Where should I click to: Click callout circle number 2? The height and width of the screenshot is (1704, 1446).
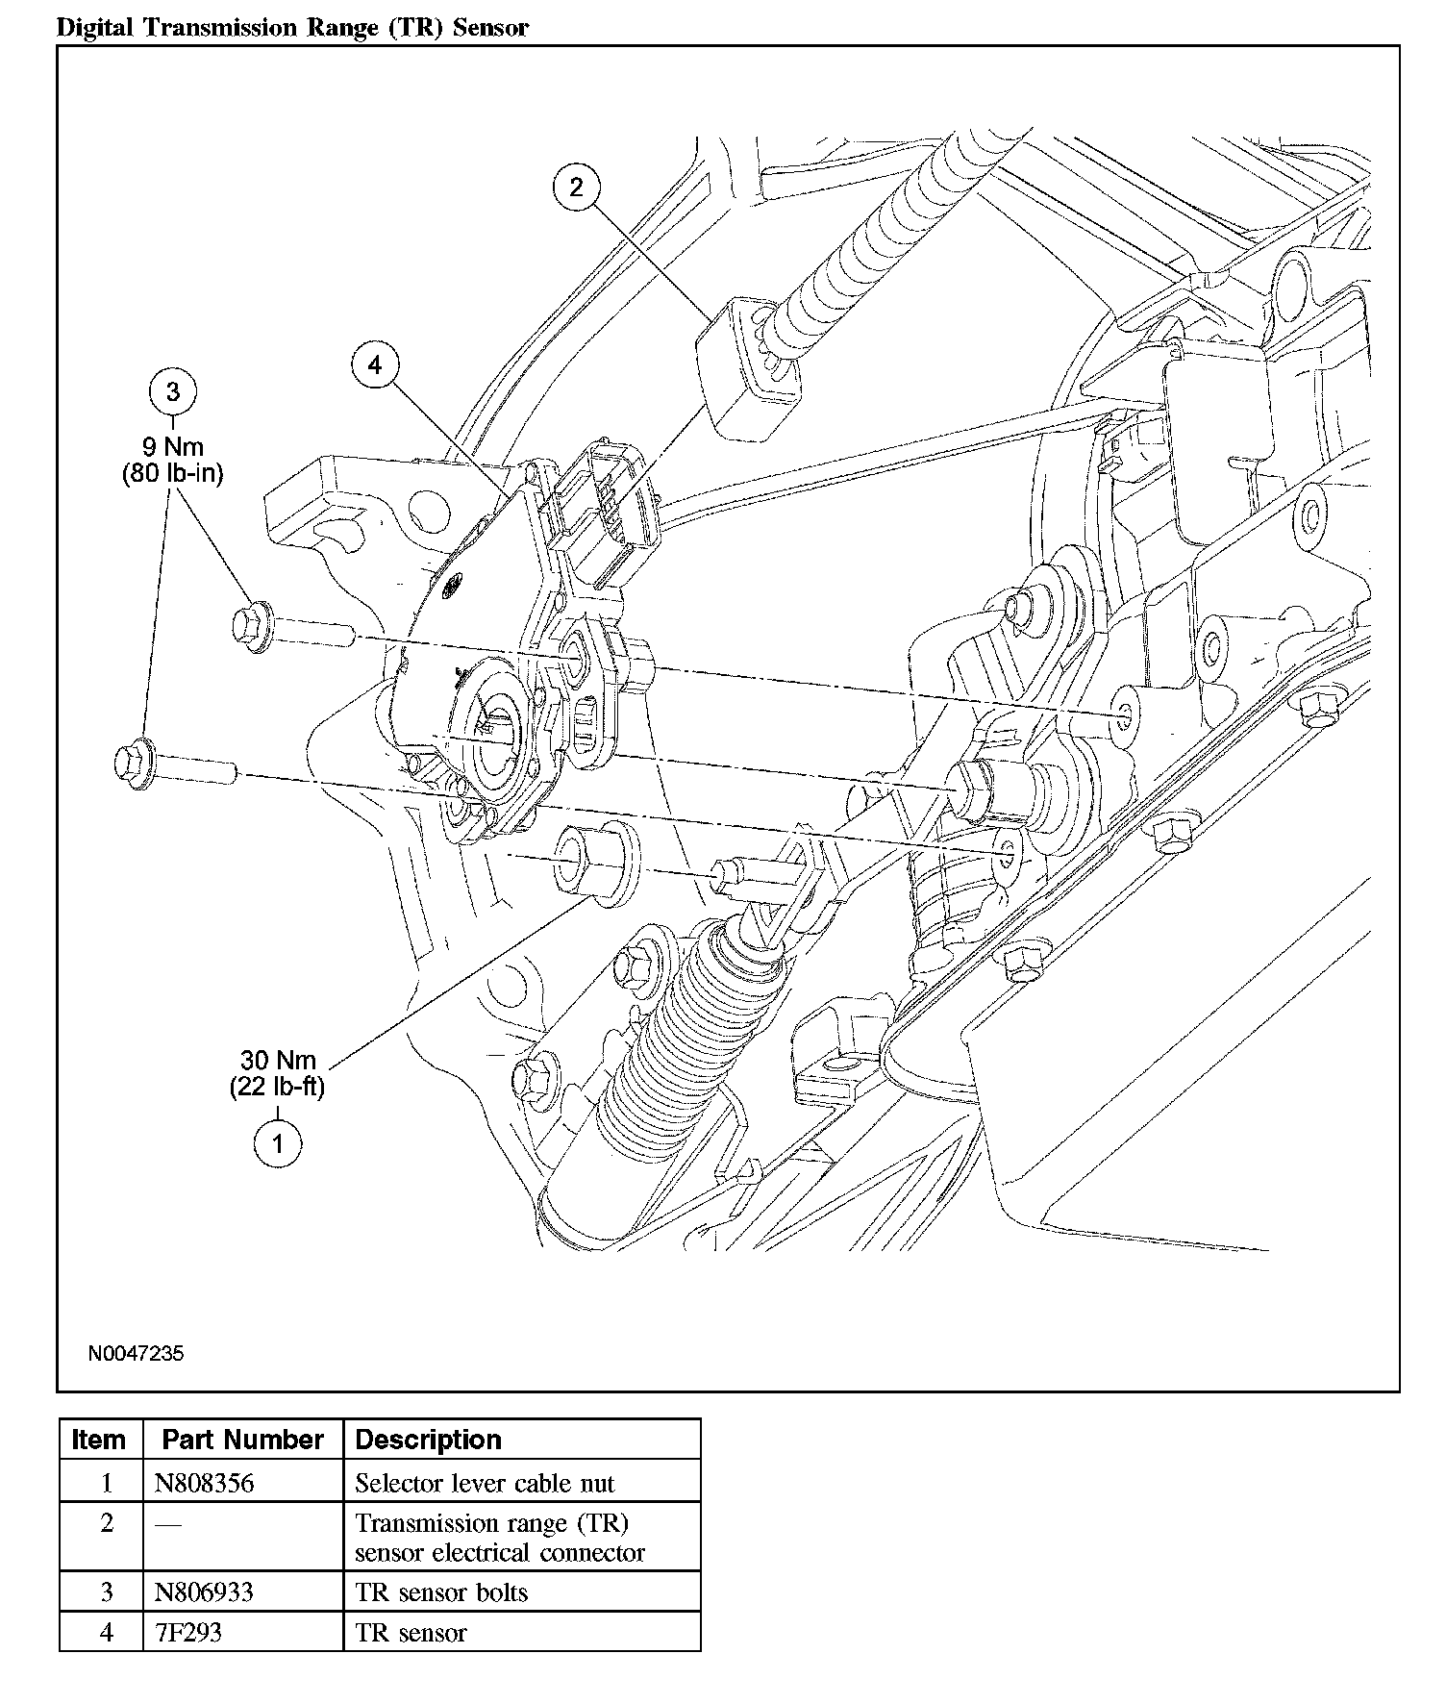click(576, 187)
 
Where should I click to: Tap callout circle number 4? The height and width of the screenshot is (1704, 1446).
click(375, 365)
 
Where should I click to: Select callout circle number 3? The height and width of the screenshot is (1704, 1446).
click(173, 391)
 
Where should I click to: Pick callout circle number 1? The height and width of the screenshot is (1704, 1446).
click(278, 1143)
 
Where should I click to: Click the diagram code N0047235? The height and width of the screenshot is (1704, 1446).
click(136, 1353)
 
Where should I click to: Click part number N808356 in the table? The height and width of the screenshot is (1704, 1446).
click(204, 1483)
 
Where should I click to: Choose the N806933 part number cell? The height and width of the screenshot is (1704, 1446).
click(204, 1591)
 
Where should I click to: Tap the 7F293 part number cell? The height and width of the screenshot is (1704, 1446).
click(188, 1633)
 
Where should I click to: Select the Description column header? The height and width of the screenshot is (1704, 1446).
click(429, 1440)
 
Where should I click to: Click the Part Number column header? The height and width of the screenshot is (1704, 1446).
click(242, 1440)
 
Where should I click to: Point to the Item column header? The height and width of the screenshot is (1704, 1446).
click(99, 1440)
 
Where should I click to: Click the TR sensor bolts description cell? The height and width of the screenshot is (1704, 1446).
click(441, 1591)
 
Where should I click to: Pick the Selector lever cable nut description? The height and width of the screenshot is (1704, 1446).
click(485, 1483)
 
